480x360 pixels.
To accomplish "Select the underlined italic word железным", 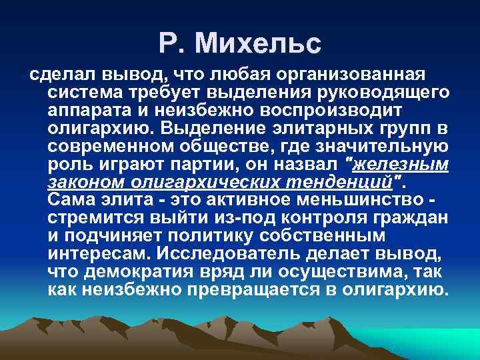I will (394, 164).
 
